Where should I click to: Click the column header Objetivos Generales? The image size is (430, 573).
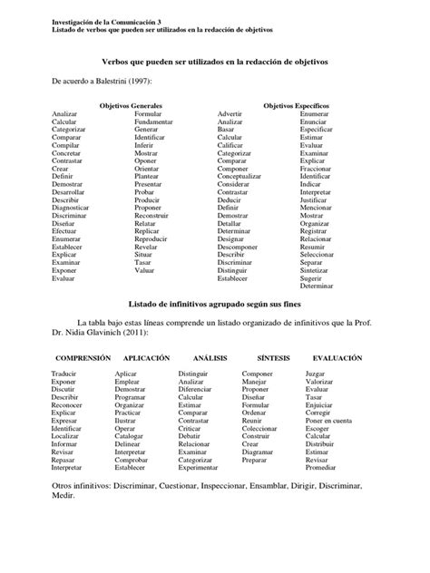click(x=131, y=106)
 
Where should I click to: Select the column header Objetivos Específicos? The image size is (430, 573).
click(x=296, y=106)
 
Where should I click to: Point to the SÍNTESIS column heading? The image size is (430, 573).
click(x=274, y=359)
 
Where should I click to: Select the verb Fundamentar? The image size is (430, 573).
click(x=155, y=122)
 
